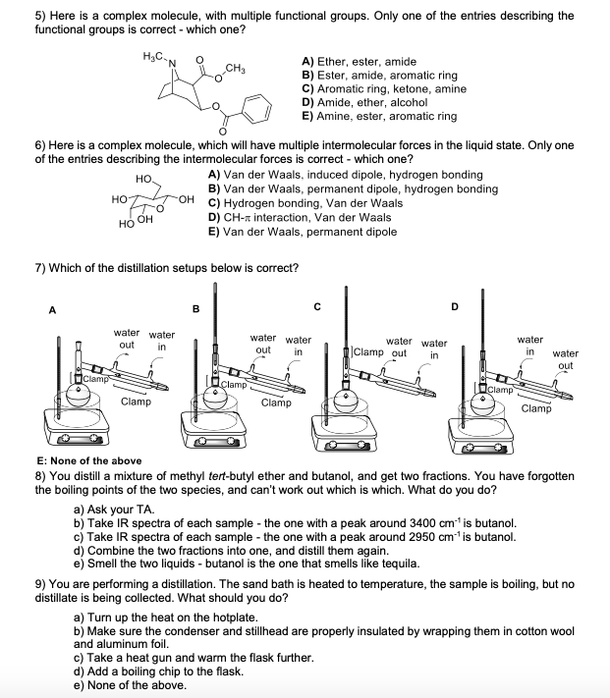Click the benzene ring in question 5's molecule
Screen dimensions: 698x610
(254, 107)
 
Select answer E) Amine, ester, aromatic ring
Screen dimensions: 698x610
(379, 116)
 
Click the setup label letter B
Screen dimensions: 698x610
(195, 309)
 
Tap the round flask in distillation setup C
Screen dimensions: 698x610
(346, 403)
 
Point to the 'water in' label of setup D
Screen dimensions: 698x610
(529, 345)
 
